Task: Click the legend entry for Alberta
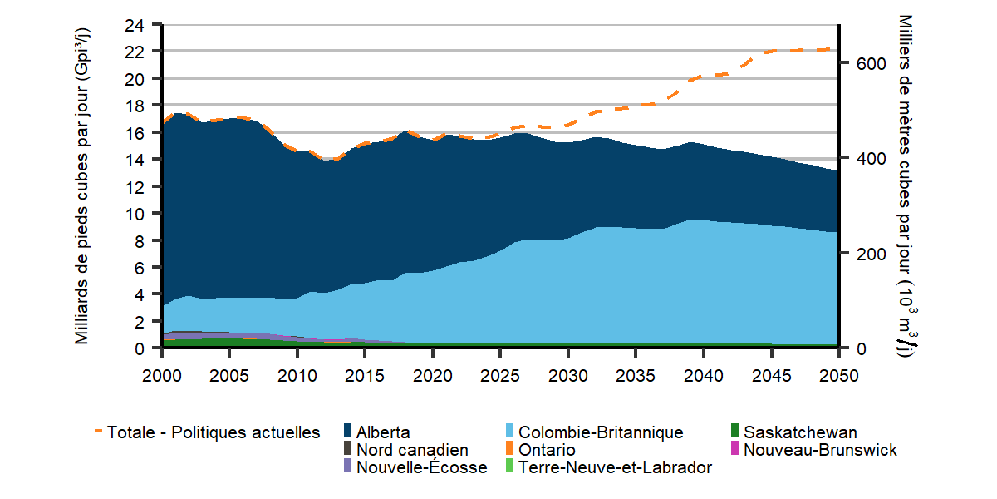point(382,432)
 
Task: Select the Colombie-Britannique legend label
point(600,432)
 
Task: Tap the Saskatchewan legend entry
point(800,432)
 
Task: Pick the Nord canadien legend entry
point(412,450)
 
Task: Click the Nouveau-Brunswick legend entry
point(820,450)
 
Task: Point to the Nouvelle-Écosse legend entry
point(421,467)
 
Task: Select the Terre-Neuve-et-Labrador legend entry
point(615,467)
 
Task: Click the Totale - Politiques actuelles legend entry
point(214,432)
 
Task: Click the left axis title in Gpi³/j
point(82,185)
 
